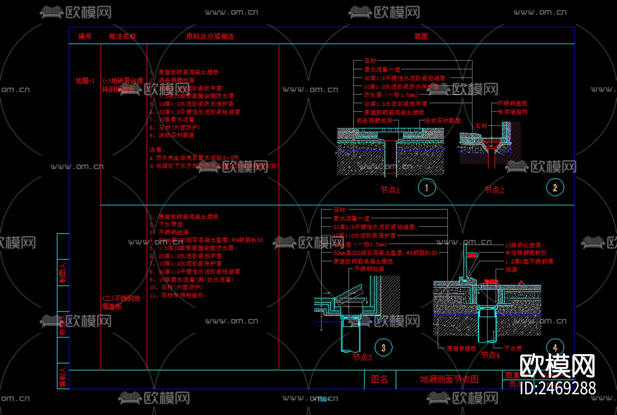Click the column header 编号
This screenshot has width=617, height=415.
coord(85,36)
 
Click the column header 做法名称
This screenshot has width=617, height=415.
coord(122,36)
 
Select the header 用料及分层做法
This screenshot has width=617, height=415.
coord(210,36)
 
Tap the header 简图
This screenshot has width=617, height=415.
coord(421,36)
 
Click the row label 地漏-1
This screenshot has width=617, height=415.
coord(85,81)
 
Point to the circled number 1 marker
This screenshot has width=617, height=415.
coord(427,187)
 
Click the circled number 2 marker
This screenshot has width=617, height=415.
coord(555,187)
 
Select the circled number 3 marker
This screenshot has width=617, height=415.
coord(383,348)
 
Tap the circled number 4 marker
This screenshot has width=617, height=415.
coord(555,347)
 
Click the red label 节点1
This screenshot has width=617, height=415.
coord(390,190)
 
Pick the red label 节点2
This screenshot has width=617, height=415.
coord(494,190)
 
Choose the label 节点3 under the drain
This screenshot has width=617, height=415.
coord(362,357)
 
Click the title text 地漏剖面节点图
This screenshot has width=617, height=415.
coord(449,379)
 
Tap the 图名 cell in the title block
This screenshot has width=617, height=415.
coord(379,379)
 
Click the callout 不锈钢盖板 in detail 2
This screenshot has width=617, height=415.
coord(512,103)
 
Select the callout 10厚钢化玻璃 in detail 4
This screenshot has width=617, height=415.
coord(523,245)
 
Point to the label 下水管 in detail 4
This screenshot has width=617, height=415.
coord(513,348)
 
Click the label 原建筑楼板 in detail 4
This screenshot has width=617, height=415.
coord(461,348)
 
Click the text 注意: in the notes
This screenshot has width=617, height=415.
coord(157,150)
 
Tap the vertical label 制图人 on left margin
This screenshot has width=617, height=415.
coord(63,273)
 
